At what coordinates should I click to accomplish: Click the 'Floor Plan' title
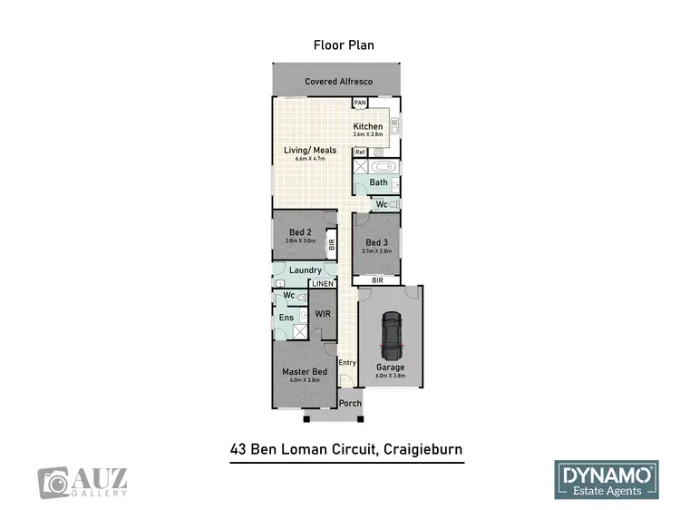click(x=344, y=44)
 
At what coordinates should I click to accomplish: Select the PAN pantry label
click(x=360, y=103)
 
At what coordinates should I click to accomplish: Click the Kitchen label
click(x=368, y=126)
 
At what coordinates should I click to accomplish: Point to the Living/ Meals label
click(x=311, y=151)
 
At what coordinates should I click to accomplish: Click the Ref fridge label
click(x=360, y=152)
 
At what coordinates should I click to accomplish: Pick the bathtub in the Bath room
click(x=384, y=167)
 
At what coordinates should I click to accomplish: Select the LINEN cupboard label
click(x=323, y=284)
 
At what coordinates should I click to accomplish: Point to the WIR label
click(x=322, y=313)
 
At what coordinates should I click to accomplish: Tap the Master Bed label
click(x=304, y=372)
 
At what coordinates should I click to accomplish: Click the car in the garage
click(x=391, y=335)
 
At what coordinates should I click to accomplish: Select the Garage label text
click(x=391, y=368)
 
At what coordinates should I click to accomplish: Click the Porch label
click(x=350, y=403)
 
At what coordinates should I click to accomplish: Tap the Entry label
click(x=346, y=363)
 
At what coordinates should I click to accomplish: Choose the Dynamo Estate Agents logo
click(x=606, y=479)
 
